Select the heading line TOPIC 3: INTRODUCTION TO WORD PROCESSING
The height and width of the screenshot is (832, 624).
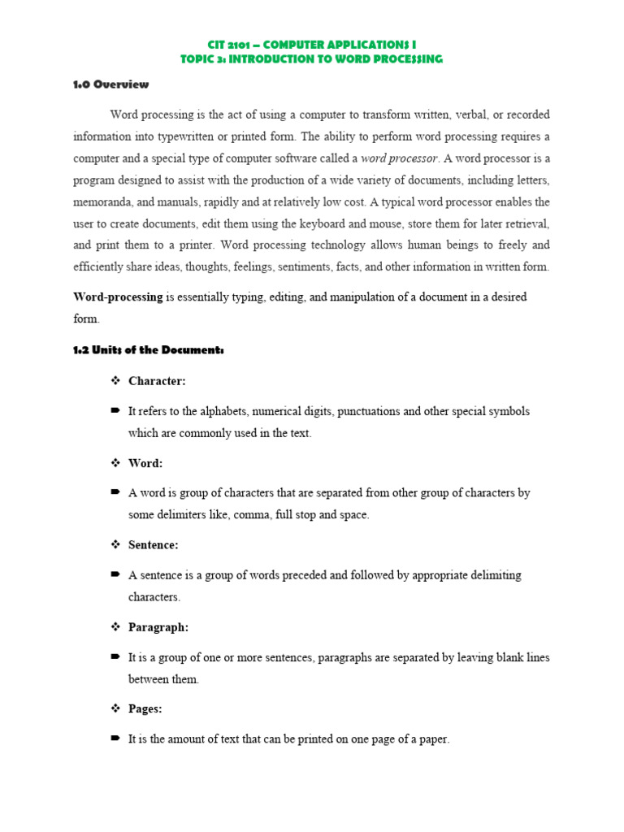point(311,60)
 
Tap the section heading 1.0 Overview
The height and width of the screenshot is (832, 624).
point(111,84)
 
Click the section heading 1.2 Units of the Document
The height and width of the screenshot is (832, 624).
point(148,350)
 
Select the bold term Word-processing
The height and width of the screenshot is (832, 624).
point(119,297)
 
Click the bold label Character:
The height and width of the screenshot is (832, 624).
point(157,381)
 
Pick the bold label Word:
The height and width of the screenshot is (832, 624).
point(145,463)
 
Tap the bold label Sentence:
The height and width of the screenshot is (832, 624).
point(154,545)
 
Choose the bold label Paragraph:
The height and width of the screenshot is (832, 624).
point(158,627)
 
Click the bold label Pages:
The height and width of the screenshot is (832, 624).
point(145,709)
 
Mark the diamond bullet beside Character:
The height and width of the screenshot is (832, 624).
point(115,381)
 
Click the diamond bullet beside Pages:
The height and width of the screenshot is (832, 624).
point(115,709)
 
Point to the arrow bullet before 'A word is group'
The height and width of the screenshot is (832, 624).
point(115,493)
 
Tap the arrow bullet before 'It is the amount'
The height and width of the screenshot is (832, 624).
point(115,739)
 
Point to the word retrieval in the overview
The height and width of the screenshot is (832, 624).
point(525,223)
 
